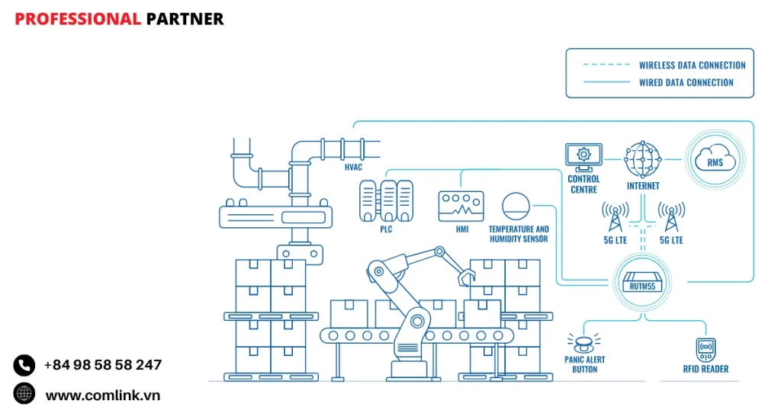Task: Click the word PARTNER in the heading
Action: [x=185, y=19]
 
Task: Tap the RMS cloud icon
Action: [x=715, y=159]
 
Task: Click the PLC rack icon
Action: [x=386, y=201]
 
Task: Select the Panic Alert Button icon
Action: [x=583, y=342]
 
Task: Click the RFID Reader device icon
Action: [x=705, y=349]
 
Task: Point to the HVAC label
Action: [x=354, y=167]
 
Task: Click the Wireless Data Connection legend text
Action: [x=692, y=66]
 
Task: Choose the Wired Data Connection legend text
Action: [x=686, y=82]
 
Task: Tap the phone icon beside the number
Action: [x=24, y=365]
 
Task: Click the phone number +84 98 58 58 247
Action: [x=103, y=365]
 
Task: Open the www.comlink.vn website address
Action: [x=103, y=395]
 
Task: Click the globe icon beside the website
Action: [x=24, y=394]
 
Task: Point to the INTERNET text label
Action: [x=643, y=185]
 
